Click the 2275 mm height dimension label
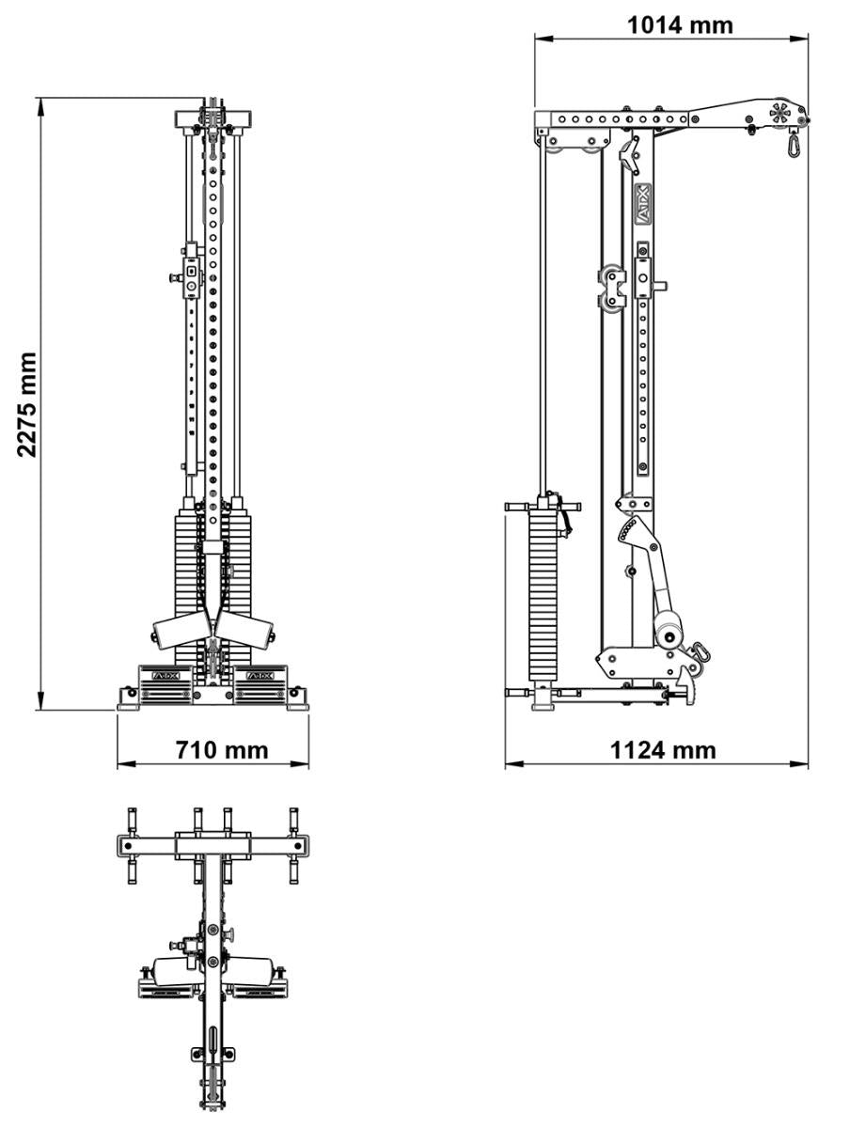(28, 404)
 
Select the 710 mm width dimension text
(222, 750)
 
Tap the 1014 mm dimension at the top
(680, 24)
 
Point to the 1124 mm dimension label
(663, 750)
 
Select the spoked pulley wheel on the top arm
(779, 113)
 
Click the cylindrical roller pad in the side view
(669, 633)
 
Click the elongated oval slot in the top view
(213, 1041)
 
